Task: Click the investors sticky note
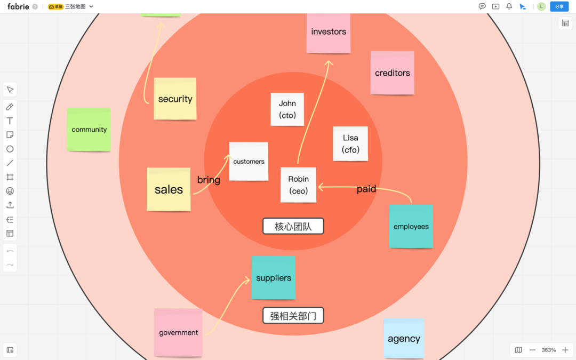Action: pos(329,32)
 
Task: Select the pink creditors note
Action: pos(393,73)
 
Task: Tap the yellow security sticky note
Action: pos(175,99)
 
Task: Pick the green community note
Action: pos(89,130)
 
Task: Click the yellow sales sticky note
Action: pos(169,189)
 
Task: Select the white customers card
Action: pos(249,161)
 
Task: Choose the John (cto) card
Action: pos(287,109)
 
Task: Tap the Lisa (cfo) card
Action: pos(350,143)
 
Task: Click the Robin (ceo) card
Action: pos(298,185)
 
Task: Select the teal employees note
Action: pos(411,227)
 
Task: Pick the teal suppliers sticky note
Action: pos(274,278)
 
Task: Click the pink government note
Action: pos(178,333)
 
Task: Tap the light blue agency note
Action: pos(404,339)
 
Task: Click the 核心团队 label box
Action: pos(293,226)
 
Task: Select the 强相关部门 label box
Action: pos(293,316)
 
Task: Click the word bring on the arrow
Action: pos(209,180)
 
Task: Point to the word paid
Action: pos(366,189)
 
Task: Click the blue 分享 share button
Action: pos(559,6)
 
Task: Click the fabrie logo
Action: pos(18,6)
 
